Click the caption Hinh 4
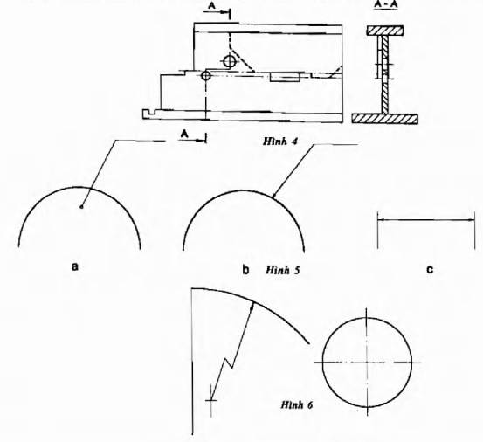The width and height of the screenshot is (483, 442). coord(280,142)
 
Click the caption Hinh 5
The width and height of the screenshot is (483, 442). coord(283,270)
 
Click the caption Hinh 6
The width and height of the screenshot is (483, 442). coord(297,404)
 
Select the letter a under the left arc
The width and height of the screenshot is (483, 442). coord(75,266)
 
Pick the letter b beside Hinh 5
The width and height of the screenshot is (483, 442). coord(245,270)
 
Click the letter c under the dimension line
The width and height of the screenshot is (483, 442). coord(430,270)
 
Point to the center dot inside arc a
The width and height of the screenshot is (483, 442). coord(81,207)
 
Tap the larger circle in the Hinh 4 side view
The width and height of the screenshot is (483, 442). coord(230,61)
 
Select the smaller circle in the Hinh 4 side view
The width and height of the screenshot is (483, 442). coord(206,75)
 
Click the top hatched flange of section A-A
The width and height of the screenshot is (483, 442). coord(384,31)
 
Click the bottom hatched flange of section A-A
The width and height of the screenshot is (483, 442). coord(385,119)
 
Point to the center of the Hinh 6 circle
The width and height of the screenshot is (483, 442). coord(367,363)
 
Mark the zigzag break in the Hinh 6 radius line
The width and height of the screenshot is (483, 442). coord(229,363)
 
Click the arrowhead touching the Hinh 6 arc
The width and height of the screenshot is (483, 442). coord(252,306)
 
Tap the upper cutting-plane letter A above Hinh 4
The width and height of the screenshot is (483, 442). coord(211,5)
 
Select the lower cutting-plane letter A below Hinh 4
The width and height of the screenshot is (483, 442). coord(185,134)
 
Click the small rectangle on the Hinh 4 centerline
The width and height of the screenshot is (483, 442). coord(285,78)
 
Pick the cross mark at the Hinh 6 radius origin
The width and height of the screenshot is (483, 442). coord(211,400)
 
